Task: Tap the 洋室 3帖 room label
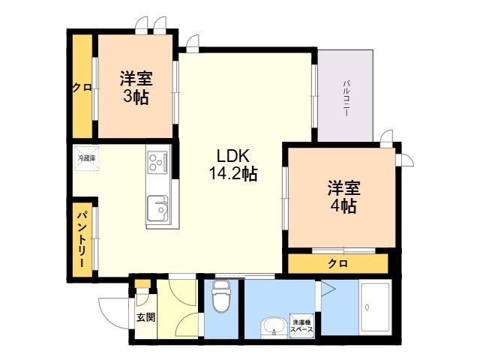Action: [135, 87]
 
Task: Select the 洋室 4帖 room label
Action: [342, 196]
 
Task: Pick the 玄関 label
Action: [145, 317]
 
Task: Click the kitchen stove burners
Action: [157, 162]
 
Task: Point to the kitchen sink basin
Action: [157, 207]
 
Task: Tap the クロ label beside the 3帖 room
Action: [82, 87]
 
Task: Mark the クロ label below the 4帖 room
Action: [337, 264]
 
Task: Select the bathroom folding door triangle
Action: [328, 289]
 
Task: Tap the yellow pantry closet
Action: [82, 237]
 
